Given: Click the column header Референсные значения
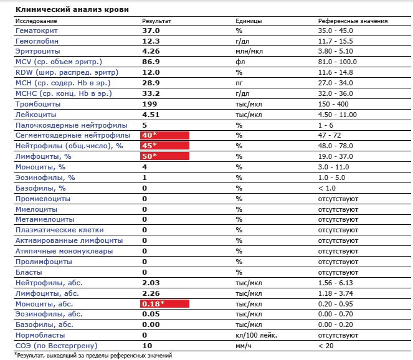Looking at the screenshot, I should point(353,21).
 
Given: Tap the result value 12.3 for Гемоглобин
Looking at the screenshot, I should point(151,40).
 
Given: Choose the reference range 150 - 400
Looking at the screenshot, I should point(334,103).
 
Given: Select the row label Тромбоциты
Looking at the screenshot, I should point(35,103).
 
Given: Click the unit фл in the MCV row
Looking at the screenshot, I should point(239,62).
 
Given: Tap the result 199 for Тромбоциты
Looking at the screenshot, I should point(149,103).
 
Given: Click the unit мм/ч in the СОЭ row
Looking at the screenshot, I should point(243,345).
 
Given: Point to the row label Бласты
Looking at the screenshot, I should point(28,272).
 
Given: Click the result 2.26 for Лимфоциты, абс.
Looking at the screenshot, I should point(151,293).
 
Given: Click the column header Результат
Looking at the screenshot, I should point(156,21).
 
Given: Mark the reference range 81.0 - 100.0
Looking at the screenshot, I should point(337,62).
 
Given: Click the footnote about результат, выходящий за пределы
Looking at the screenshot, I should point(87,354).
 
